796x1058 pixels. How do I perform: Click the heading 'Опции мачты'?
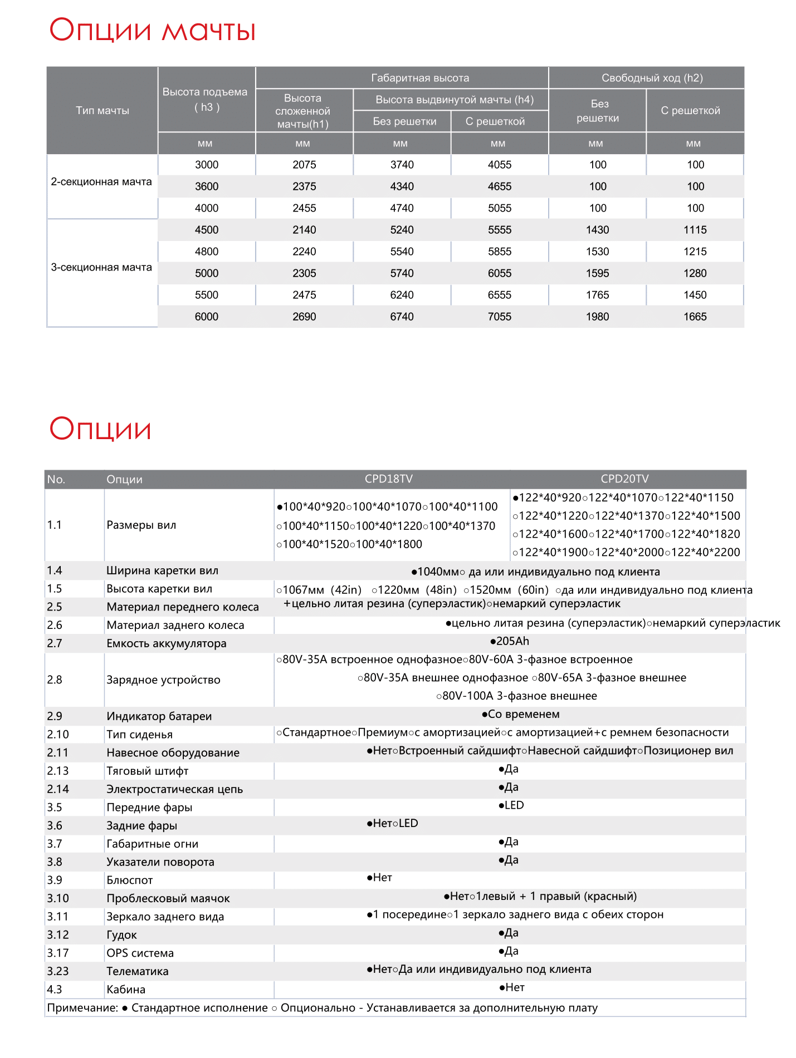152,30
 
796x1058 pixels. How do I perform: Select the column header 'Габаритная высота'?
420,78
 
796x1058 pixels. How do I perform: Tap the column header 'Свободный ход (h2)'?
652,78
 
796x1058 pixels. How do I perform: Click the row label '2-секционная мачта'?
101,182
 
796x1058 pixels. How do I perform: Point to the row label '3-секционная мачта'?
101,268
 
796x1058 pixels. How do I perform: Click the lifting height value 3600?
207,186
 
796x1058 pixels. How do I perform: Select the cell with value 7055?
500,317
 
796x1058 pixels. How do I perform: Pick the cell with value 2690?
304,317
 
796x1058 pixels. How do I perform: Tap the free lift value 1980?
597,317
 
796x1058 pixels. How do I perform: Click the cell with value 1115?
695,230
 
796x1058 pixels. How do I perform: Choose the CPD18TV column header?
389,479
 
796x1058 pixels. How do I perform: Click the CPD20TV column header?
624,479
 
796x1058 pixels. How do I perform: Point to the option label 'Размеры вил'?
141,525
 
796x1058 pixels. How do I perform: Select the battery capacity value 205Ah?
510,642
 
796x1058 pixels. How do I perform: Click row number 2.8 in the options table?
55,680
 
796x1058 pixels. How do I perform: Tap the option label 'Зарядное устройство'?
163,680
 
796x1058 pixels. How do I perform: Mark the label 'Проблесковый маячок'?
168,899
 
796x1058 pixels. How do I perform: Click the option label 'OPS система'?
140,953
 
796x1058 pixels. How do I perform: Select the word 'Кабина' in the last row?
126,990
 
